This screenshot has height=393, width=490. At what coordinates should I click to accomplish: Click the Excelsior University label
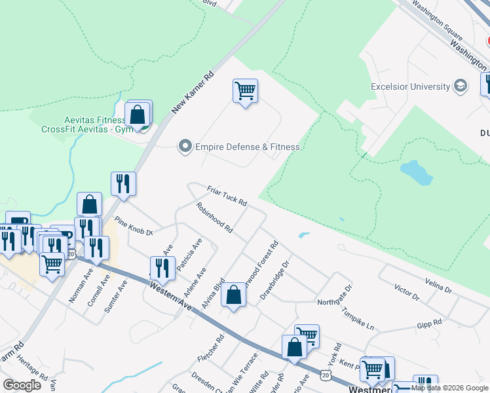(410, 86)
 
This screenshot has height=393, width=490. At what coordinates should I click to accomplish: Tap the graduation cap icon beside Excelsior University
(461, 86)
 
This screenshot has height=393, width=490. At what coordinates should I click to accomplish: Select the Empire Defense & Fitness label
(248, 147)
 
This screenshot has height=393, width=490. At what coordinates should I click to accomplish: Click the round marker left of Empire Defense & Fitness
(185, 147)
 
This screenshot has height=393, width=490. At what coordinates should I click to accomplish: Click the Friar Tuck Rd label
(227, 195)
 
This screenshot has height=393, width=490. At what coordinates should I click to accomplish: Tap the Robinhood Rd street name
(214, 218)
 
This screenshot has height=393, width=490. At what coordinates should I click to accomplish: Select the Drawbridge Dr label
(274, 280)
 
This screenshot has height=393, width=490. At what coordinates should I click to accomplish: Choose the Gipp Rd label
(429, 323)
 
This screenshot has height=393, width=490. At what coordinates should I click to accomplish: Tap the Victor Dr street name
(407, 292)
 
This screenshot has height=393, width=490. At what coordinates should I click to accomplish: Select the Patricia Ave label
(193, 251)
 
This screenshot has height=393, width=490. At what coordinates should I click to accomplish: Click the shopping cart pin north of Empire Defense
(245, 91)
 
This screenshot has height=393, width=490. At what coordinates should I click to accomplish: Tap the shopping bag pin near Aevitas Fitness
(138, 115)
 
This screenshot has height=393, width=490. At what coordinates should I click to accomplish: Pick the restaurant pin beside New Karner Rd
(123, 184)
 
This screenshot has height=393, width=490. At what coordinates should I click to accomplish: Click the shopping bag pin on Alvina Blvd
(233, 295)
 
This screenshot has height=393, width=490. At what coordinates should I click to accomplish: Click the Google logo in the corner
(22, 385)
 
